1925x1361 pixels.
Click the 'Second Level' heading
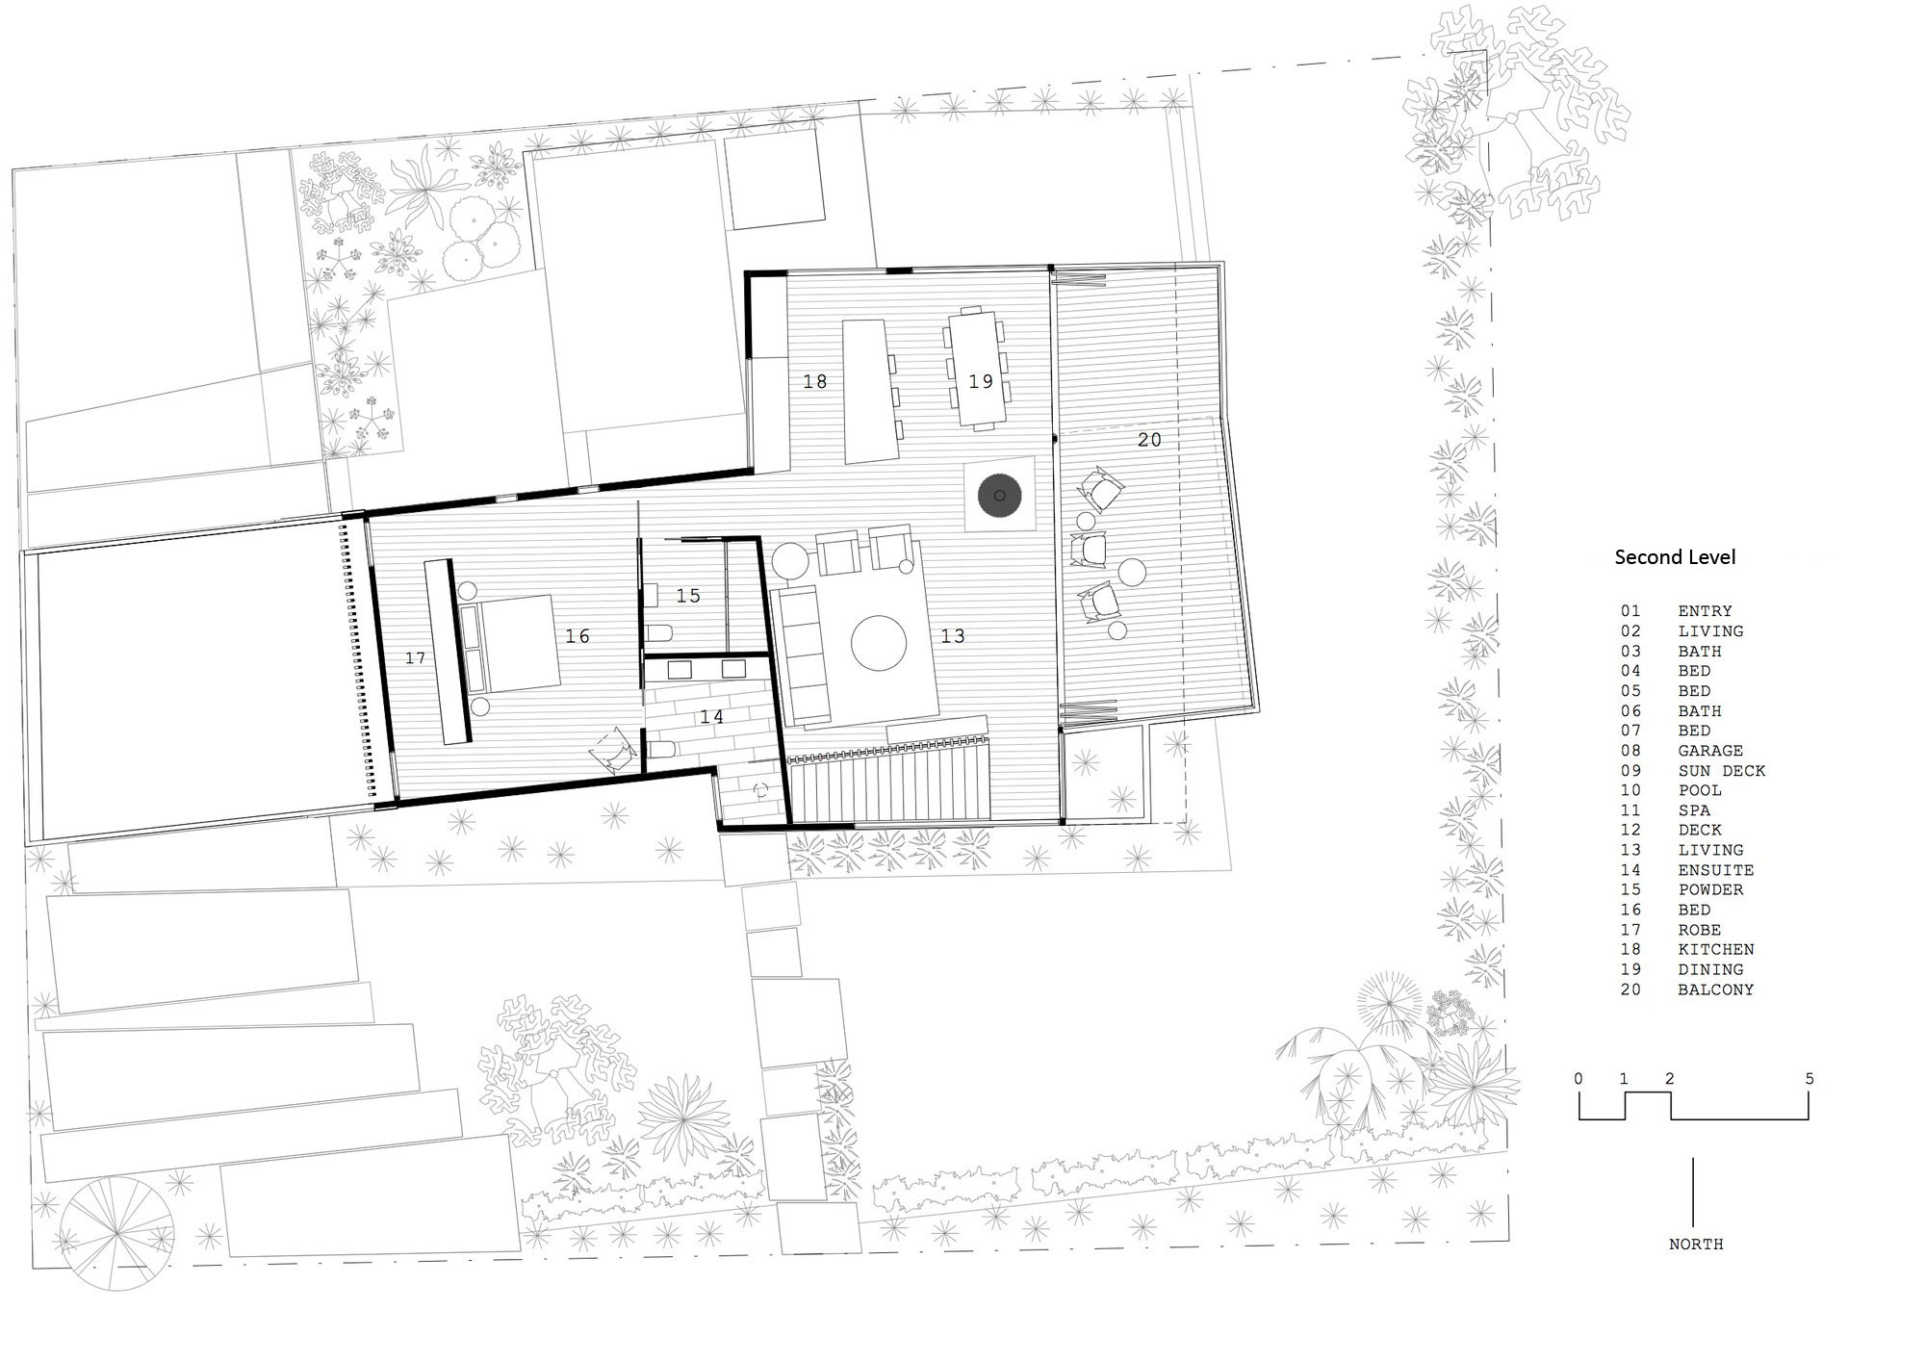1675,556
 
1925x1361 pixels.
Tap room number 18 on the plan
815,382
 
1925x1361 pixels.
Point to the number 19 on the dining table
981,382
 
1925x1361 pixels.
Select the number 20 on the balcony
1149,440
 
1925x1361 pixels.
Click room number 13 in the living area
953,636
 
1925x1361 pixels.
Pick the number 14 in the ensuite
711,717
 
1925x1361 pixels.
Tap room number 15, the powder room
688,596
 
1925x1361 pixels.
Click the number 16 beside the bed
577,636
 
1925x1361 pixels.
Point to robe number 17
415,658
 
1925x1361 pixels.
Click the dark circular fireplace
1000,496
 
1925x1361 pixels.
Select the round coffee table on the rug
879,644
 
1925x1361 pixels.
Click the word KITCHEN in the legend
1716,949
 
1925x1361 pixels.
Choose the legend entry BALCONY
1716,989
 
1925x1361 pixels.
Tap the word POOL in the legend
1700,790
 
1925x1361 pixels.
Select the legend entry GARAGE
1710,751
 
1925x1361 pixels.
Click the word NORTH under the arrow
1696,1245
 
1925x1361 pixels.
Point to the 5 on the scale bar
1809,1079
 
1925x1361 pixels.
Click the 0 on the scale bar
1578,1079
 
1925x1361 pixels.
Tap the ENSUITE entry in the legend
1716,870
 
